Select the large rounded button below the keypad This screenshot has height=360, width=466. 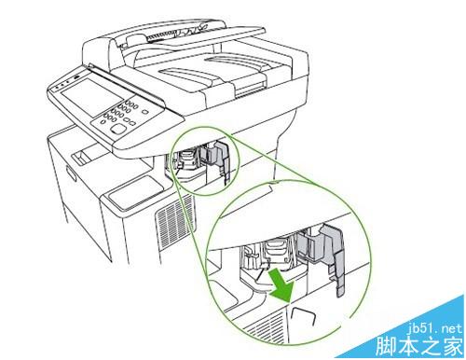[x=118, y=133]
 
